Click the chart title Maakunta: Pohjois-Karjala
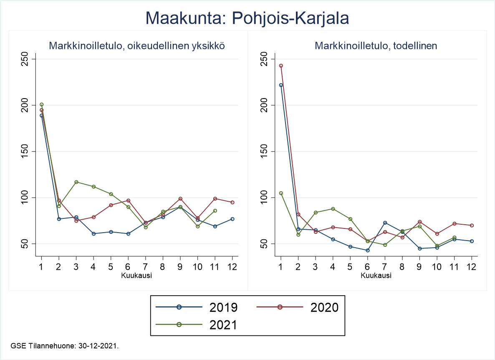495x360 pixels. pos(247,18)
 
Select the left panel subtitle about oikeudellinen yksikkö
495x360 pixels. pos(137,46)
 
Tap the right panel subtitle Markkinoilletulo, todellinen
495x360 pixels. pos(376,46)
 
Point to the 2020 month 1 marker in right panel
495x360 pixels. pos(281,66)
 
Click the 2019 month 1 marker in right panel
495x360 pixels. pos(281,85)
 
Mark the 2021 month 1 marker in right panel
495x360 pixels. pos(281,193)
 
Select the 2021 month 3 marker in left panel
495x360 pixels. pos(76,182)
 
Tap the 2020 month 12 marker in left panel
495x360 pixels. pos(232,202)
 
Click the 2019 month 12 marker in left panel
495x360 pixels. pos(232,219)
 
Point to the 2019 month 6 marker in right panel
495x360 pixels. pos(368,251)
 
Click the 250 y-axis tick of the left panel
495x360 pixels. pos(25,59)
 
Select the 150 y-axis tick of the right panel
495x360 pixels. pos(264,151)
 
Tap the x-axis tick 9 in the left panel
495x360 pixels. pos(180,266)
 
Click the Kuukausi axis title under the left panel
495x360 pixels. pos(136,275)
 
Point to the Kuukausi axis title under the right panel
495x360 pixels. pos(376,275)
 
